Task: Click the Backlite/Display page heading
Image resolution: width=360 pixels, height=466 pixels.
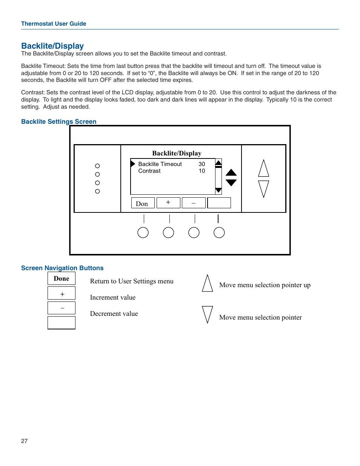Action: [52, 46]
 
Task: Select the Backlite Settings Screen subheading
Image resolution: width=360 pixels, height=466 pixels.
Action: [58, 121]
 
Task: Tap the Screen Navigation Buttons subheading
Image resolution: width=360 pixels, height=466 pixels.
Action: [62, 268]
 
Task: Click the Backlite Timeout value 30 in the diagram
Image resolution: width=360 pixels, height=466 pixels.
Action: [202, 164]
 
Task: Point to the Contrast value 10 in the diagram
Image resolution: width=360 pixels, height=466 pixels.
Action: [202, 171]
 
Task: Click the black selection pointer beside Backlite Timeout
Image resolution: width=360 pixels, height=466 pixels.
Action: [133, 164]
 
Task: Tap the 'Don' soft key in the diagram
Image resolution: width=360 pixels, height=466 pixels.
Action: [143, 203]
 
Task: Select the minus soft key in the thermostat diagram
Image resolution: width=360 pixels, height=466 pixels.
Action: [194, 203]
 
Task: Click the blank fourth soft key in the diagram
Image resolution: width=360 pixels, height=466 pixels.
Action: [219, 203]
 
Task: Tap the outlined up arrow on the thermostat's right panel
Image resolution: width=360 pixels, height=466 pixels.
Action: [263, 169]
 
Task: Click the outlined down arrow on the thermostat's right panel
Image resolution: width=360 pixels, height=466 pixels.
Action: [263, 188]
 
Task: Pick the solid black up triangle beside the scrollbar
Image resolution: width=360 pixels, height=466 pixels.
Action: [231, 173]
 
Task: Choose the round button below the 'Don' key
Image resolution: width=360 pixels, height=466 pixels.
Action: [143, 232]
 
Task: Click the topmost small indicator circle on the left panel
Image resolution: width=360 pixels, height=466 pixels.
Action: [97, 166]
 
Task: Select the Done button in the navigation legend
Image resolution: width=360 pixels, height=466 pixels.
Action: [62, 278]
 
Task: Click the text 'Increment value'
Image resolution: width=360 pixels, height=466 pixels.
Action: [113, 297]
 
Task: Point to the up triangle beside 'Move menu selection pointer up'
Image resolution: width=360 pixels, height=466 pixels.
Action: [207, 284]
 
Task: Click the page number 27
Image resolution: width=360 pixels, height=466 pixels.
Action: [25, 441]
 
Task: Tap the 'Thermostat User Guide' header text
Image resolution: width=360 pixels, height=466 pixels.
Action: [54, 23]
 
